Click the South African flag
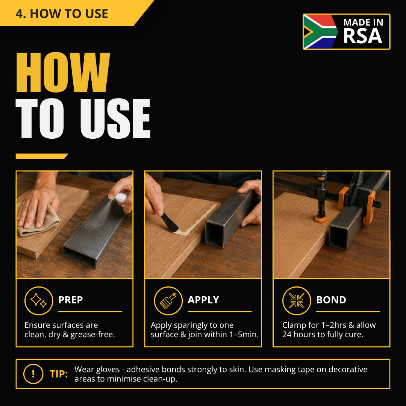click(321, 32)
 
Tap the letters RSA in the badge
click(362, 36)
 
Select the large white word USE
click(115, 118)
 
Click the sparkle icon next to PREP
click(39, 301)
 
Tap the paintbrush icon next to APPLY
click(168, 301)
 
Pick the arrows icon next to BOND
click(297, 301)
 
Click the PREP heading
click(70, 300)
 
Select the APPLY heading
click(203, 300)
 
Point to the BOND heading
click(331, 300)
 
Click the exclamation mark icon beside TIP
click(33, 374)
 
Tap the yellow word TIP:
click(59, 374)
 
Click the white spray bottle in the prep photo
click(121, 198)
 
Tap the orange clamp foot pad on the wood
click(321, 219)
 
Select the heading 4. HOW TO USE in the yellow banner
click(62, 14)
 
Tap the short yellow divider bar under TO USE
click(41, 156)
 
